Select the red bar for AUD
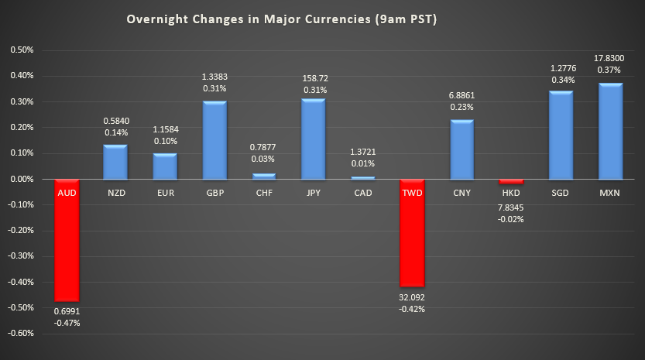click(x=66, y=240)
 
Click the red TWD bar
click(x=412, y=233)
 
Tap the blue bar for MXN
click(x=610, y=132)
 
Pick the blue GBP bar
click(x=214, y=140)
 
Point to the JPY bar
click(x=314, y=139)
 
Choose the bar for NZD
click(x=115, y=162)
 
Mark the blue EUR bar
click(x=165, y=166)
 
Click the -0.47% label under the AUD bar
click(x=66, y=323)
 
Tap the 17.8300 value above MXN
click(x=610, y=57)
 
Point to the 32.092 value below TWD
click(x=412, y=297)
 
